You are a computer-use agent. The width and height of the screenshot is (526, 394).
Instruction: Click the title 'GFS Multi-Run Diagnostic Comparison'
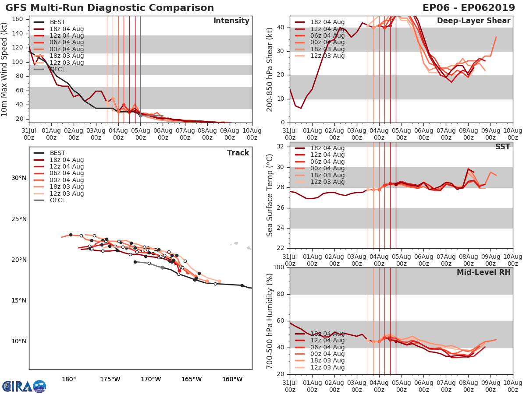[110, 8]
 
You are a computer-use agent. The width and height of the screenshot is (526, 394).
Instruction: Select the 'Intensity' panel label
[231, 21]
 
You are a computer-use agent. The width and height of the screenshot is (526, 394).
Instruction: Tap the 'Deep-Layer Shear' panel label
[473, 21]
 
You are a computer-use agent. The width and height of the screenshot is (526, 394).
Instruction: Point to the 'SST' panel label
[502, 147]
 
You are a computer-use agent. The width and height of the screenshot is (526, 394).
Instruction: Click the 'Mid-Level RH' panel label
[483, 273]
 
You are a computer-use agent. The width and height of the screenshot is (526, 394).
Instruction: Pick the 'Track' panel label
[238, 153]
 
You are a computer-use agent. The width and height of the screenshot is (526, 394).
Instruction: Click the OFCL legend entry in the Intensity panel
[57, 69]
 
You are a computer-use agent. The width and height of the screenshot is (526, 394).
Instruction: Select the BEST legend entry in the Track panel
[57, 153]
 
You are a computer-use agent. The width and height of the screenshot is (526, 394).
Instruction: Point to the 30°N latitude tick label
[19, 178]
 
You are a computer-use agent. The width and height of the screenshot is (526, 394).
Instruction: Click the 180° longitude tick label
[69, 379]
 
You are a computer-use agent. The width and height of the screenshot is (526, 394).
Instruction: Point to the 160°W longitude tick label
[232, 379]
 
